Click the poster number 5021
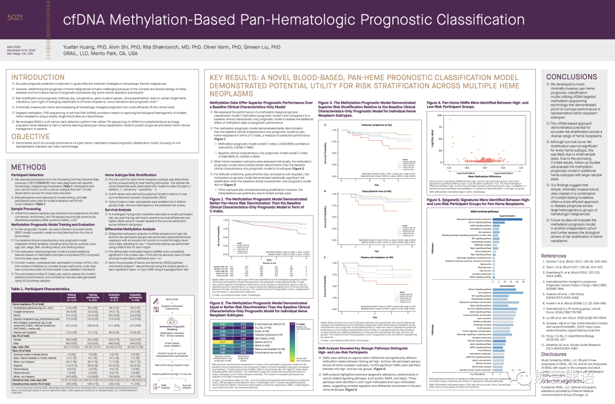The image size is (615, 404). pyautogui.click(x=14, y=18)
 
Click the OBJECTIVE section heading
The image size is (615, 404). pyautogui.click(x=34, y=137)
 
